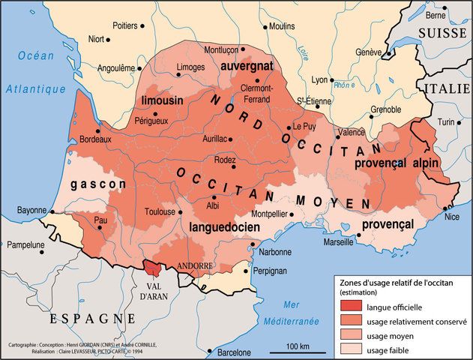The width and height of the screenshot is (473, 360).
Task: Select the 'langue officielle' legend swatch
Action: pyautogui.click(x=349, y=306)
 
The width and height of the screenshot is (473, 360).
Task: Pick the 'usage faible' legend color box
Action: pyautogui.click(x=349, y=349)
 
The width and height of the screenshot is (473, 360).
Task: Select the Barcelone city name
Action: pyautogui.click(x=235, y=352)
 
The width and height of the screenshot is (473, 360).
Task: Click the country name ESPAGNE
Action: pyautogui.click(x=82, y=318)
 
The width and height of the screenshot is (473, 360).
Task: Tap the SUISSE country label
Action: pyautogui.click(x=442, y=33)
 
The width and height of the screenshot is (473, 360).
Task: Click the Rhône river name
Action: pyautogui.click(x=343, y=84)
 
